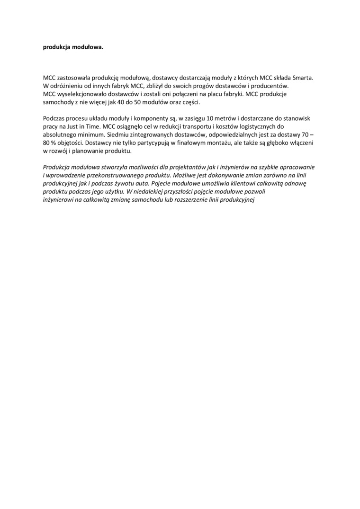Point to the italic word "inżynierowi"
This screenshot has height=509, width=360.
coord(61,199)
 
